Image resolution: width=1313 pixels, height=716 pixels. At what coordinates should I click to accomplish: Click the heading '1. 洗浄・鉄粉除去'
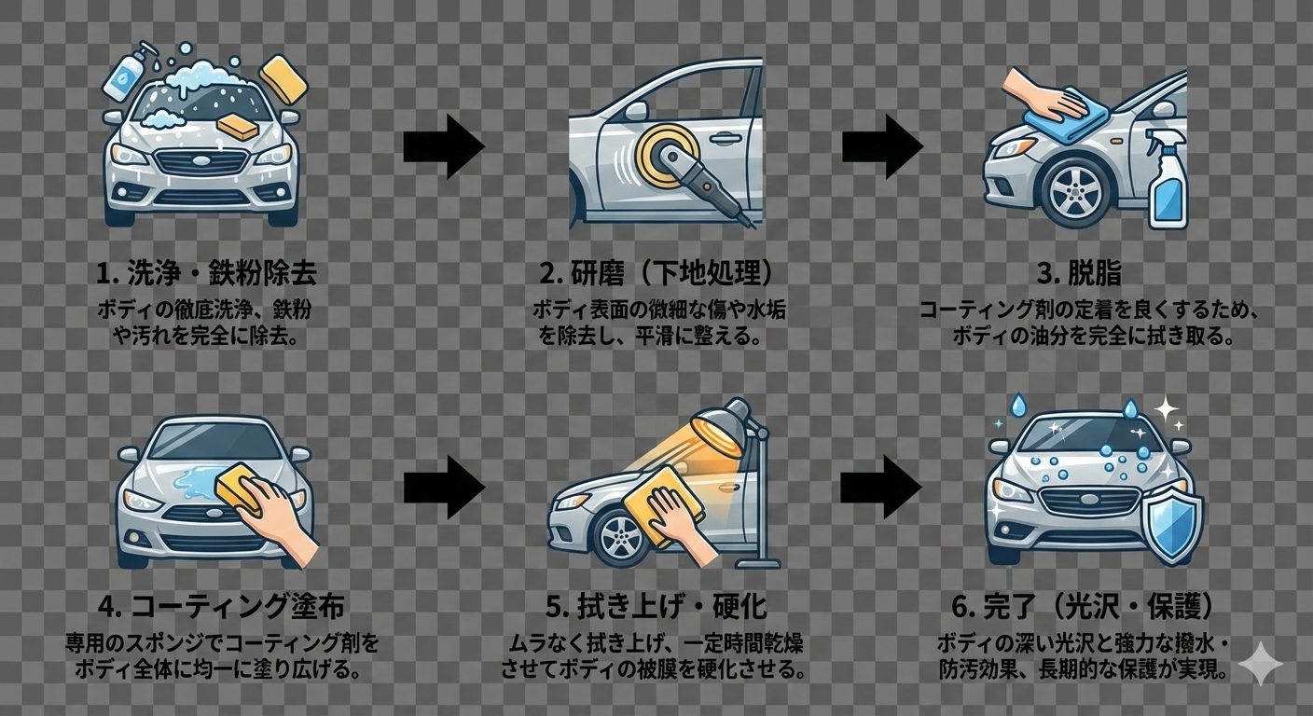206,274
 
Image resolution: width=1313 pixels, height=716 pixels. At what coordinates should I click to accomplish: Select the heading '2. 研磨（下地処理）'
656,274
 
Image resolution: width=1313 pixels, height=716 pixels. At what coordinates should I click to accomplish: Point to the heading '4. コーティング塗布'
220,608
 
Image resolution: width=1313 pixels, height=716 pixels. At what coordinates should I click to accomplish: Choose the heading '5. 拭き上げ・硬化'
656,608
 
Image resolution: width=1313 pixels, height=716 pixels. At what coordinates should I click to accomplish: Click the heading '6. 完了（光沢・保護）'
1084,608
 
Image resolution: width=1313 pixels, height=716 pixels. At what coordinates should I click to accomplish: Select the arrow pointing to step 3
881,146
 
